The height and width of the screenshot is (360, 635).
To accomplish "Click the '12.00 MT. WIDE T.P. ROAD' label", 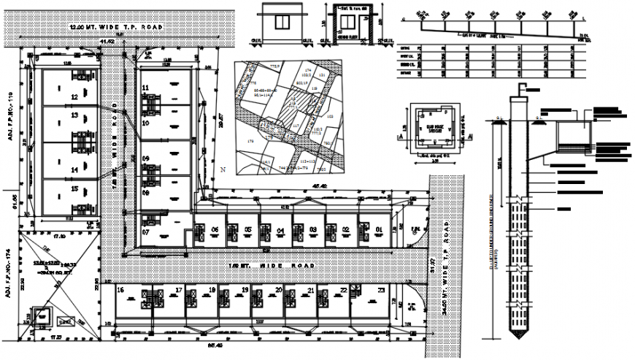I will (x=115, y=27).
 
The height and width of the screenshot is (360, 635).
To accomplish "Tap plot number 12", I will (x=74, y=96).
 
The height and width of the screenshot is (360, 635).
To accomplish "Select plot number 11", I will (x=146, y=88).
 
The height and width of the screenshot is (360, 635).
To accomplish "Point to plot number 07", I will (x=145, y=232).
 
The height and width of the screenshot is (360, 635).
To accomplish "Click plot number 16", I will (x=120, y=290).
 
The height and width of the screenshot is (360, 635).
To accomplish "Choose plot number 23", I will (x=381, y=290).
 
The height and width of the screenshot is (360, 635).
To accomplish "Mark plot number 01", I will (x=379, y=229).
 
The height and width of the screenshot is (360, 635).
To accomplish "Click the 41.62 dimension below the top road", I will (x=108, y=42).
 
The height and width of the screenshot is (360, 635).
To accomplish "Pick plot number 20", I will (x=280, y=290).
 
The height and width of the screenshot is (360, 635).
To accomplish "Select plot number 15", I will (x=74, y=189).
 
